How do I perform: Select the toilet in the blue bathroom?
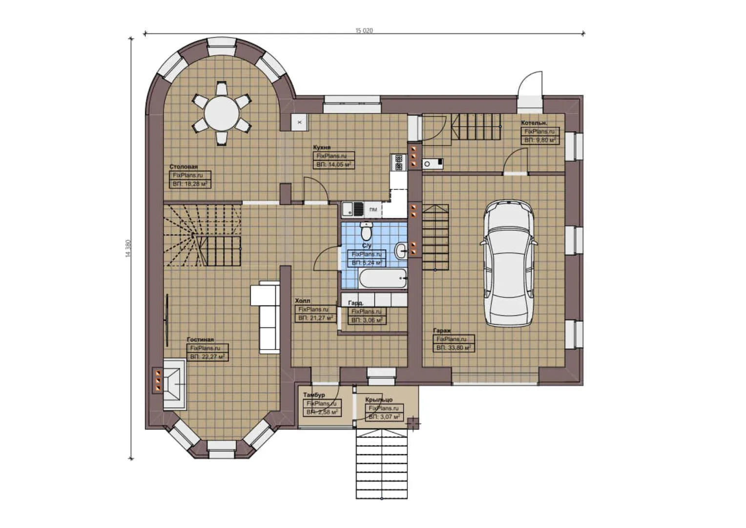click(366, 230)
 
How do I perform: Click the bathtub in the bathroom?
click(383, 280)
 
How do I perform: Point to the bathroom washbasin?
click(400, 250)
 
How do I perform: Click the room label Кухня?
click(322, 147)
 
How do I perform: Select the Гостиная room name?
click(200, 339)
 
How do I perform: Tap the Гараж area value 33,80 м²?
click(454, 348)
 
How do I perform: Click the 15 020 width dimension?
click(364, 30)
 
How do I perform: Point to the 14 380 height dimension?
click(128, 248)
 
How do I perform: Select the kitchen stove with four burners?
click(398, 162)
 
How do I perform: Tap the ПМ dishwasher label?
click(373, 210)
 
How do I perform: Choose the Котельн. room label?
click(534, 123)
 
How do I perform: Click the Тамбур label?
click(313, 395)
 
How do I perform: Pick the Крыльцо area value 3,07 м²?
click(384, 417)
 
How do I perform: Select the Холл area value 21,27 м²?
click(315, 318)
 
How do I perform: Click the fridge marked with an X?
click(300, 122)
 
